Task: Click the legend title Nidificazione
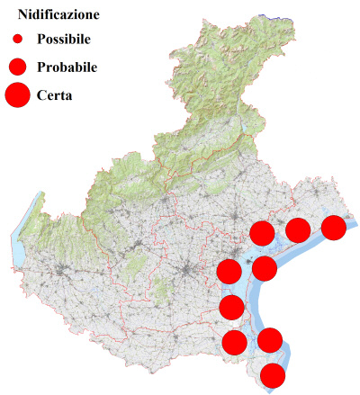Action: pyautogui.click(x=59, y=15)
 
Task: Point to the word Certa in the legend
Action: pyautogui.click(x=55, y=94)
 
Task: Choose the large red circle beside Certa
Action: pyautogui.click(x=17, y=94)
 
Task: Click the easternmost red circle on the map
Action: pyautogui.click(x=334, y=228)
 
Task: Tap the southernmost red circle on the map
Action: pyautogui.click(x=273, y=375)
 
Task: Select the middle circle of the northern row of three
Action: pyautogui.click(x=298, y=230)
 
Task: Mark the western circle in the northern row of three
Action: pyautogui.click(x=262, y=233)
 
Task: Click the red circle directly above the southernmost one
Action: pyautogui.click(x=270, y=340)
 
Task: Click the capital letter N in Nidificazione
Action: pyautogui.click(x=23, y=15)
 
